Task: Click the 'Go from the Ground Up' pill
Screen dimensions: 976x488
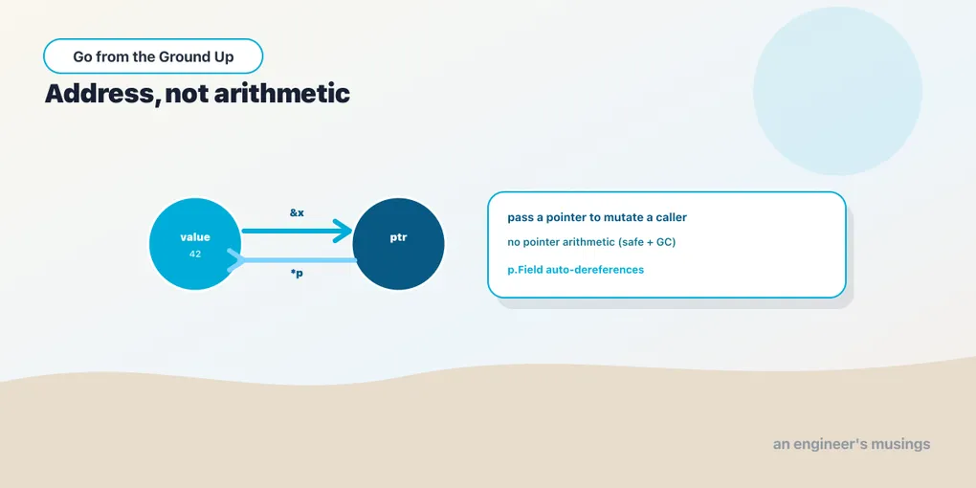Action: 153,56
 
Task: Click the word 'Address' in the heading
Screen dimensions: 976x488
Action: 100,94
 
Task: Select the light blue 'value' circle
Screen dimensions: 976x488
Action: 195,244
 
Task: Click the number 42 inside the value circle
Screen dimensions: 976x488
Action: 195,254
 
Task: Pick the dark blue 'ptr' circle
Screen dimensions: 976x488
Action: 398,244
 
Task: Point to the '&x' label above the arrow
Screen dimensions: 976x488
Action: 297,212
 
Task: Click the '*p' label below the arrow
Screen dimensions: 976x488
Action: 297,274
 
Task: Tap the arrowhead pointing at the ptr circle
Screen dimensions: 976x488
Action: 343,231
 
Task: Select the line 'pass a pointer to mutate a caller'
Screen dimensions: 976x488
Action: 597,218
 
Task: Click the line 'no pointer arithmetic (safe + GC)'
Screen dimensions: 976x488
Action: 591,242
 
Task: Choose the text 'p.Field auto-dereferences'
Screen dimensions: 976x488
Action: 576,270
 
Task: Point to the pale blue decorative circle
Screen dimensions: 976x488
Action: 837,91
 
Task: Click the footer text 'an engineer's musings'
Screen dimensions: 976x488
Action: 852,444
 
